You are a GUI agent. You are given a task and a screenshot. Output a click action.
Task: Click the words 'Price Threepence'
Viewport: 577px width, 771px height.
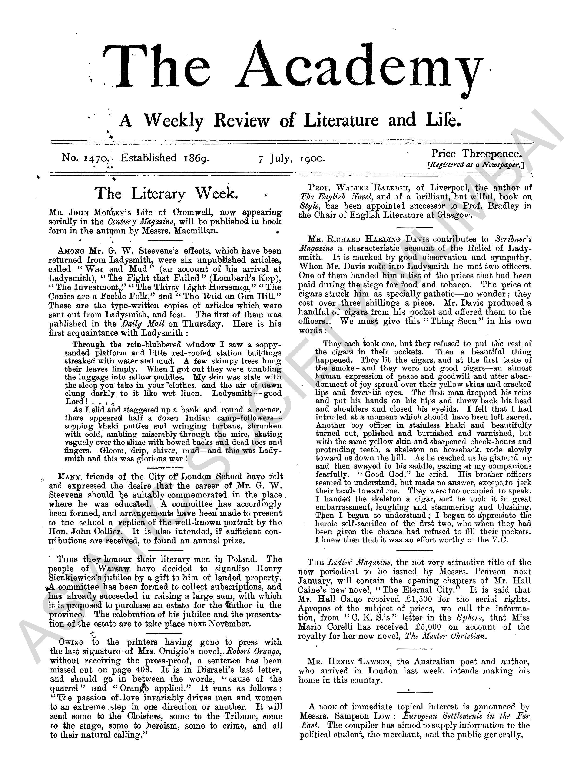[476, 153]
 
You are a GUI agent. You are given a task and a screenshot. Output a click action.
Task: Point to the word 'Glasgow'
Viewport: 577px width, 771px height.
[454, 215]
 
